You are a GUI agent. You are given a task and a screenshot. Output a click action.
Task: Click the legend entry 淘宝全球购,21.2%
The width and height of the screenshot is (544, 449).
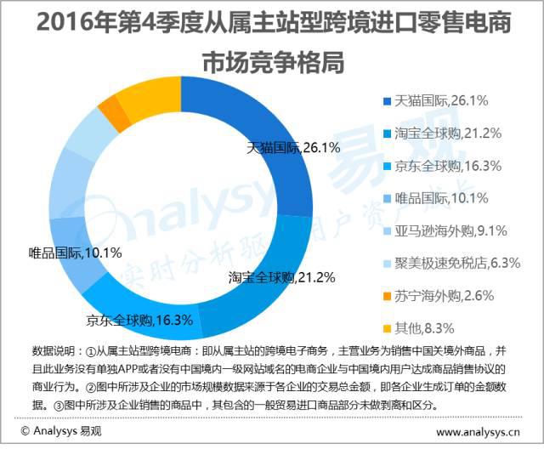point(447,134)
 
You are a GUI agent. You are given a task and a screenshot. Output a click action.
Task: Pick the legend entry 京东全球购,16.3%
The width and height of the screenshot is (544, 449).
point(447,166)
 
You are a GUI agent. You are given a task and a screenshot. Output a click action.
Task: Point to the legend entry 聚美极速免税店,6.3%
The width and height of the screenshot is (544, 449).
point(457,263)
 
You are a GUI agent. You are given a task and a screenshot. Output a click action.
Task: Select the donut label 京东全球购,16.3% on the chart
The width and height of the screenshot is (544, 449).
point(139,321)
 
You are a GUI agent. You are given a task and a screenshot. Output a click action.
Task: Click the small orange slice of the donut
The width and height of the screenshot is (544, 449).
point(107,107)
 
